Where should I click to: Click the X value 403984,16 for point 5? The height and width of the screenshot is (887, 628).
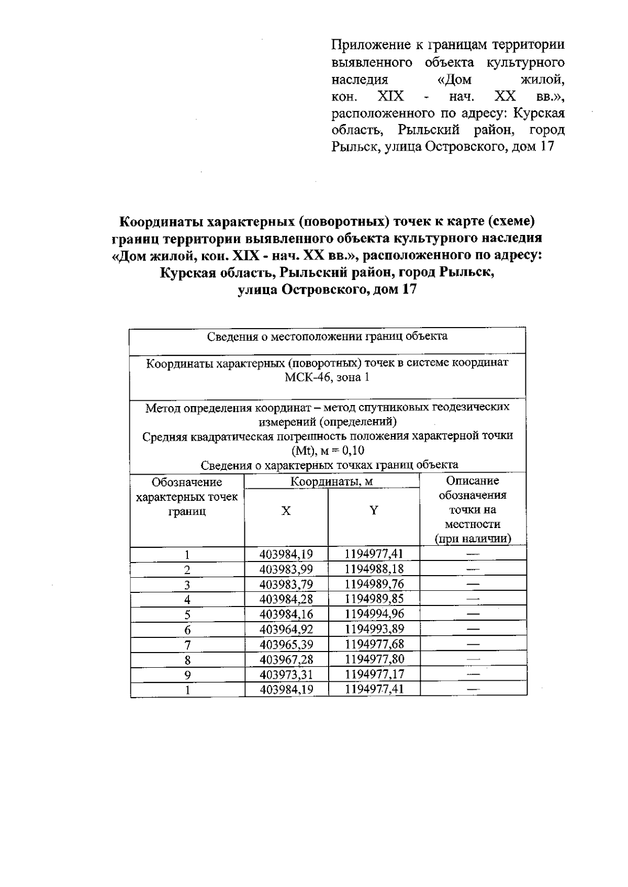286,614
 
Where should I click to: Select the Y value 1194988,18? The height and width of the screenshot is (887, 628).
374,569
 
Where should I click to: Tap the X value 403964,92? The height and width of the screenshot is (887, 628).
286,629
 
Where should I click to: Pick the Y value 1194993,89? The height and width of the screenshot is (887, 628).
374,629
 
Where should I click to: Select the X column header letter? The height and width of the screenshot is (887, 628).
286,511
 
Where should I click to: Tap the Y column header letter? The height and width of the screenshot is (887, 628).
374,511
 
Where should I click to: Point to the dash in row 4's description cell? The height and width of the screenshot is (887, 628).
473,599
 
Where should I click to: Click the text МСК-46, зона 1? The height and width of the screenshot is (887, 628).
327,377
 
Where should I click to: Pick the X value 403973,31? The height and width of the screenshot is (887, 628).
286,674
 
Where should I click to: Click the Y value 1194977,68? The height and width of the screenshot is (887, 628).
374,644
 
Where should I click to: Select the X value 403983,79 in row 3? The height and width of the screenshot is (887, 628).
286,584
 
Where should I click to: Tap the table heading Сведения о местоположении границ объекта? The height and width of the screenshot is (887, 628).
327,336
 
